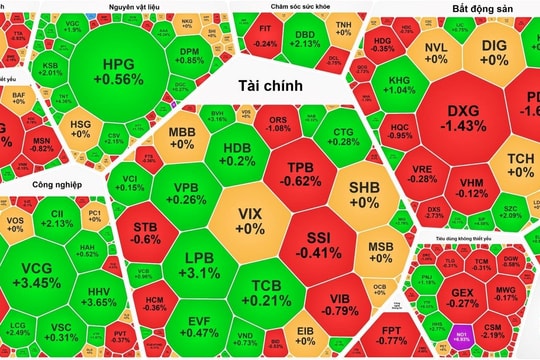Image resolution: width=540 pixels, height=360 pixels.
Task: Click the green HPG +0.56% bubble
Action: click(x=122, y=70)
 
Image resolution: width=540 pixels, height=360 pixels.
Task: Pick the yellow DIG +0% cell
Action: click(x=494, y=52)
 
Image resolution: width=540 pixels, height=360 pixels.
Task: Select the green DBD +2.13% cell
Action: click(x=307, y=38)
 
